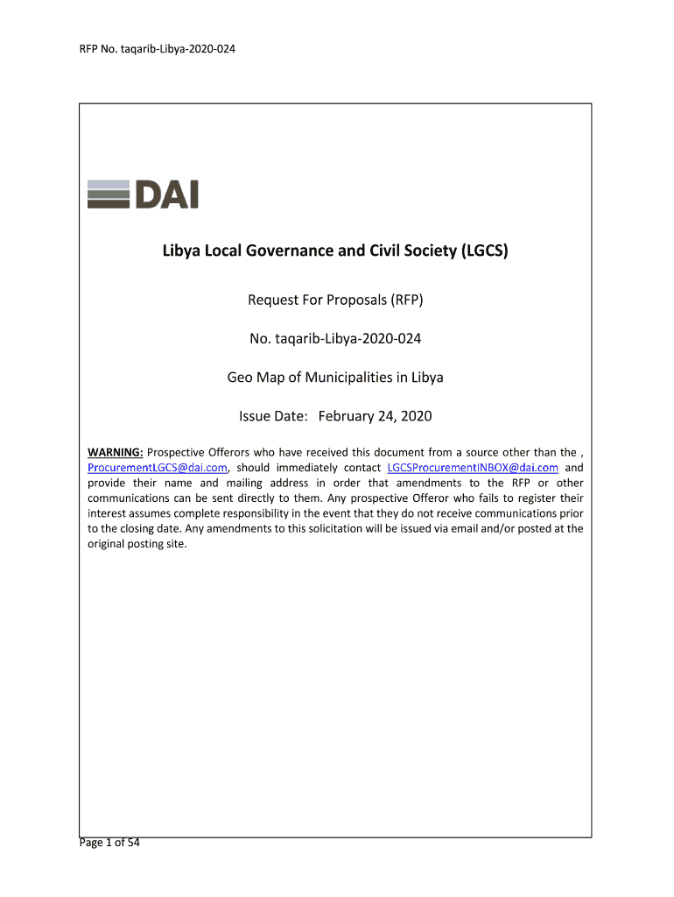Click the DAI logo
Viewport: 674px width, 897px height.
(143, 194)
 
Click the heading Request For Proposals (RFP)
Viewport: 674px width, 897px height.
(335, 301)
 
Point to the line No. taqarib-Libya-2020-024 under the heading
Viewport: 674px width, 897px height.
(335, 339)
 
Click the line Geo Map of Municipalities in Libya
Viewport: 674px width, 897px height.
(335, 378)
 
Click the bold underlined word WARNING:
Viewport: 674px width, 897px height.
(116, 452)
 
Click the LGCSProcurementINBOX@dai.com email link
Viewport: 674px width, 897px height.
(473, 468)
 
